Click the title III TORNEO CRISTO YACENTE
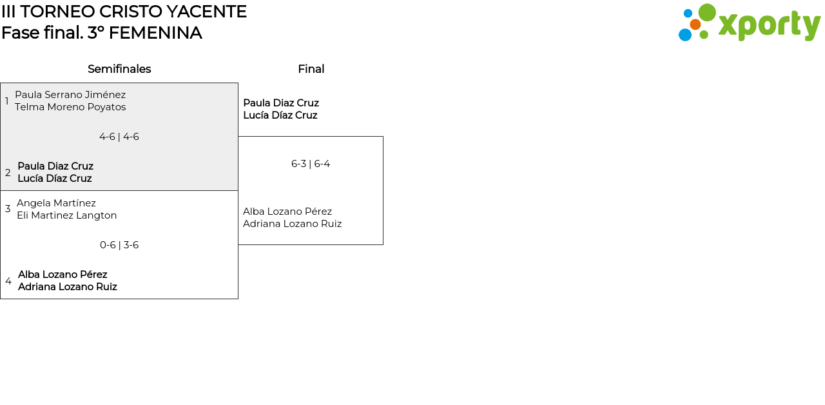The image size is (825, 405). (124, 12)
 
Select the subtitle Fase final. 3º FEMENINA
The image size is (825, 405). (102, 33)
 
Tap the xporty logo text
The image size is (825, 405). (769, 25)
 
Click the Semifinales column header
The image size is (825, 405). (119, 69)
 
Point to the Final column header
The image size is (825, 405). (311, 69)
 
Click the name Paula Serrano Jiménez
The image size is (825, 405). (70, 95)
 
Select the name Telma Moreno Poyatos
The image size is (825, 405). (70, 107)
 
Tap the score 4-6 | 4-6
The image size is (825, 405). (119, 137)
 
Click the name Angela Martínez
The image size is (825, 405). (56, 203)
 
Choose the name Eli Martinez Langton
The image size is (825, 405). (67, 215)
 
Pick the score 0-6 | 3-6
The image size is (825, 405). (119, 245)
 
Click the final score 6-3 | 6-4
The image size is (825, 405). (311, 164)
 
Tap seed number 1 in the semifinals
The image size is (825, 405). (7, 101)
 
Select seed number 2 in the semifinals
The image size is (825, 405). (8, 173)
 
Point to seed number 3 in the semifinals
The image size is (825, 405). (8, 209)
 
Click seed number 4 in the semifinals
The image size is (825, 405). (8, 281)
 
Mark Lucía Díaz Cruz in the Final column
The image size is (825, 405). (280, 115)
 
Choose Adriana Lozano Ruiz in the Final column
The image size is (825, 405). (292, 224)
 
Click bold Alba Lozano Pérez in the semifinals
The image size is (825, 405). (63, 275)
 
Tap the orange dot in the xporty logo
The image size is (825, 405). (695, 25)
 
